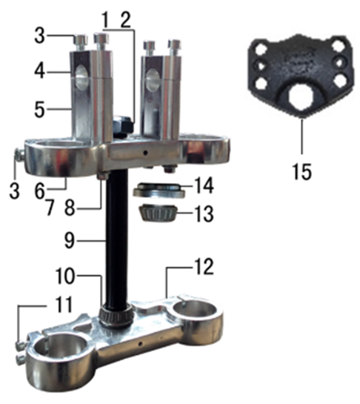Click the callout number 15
(301, 171)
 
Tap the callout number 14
(204, 185)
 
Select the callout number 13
(204, 213)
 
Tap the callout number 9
(70, 241)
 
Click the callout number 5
(40, 110)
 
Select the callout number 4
(40, 71)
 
